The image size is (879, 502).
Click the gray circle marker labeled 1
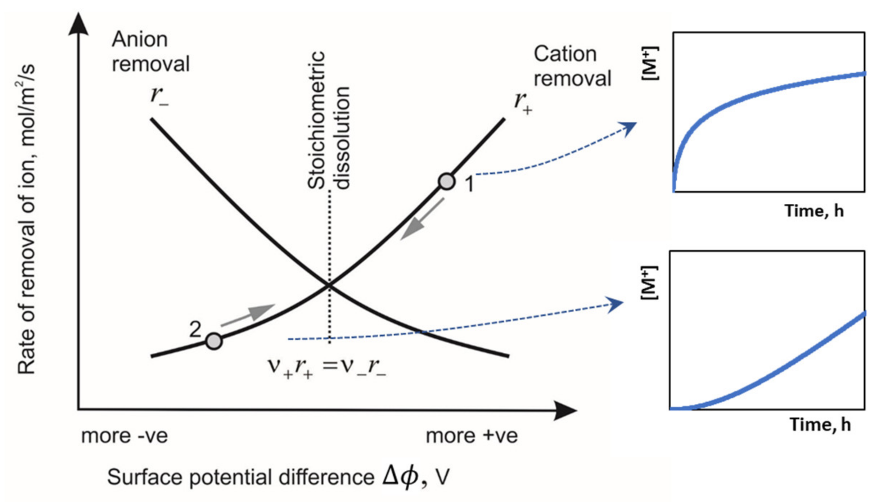[x=447, y=181]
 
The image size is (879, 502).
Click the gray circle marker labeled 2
[x=214, y=341]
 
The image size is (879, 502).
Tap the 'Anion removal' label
[x=150, y=51]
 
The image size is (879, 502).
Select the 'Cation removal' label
[x=572, y=66]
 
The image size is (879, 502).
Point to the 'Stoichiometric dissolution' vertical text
[x=328, y=121]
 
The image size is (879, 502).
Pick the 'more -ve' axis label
[x=125, y=436]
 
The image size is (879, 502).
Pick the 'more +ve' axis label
[x=472, y=436]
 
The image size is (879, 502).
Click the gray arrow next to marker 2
[x=248, y=315]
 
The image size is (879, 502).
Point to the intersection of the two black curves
[x=329, y=285]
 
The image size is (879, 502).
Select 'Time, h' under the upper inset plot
[x=814, y=211]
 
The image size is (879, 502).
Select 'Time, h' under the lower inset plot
[x=820, y=425]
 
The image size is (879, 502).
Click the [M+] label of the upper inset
[x=650, y=63]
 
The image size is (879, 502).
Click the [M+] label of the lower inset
[x=649, y=282]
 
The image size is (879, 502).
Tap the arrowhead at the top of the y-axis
[x=78, y=24]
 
